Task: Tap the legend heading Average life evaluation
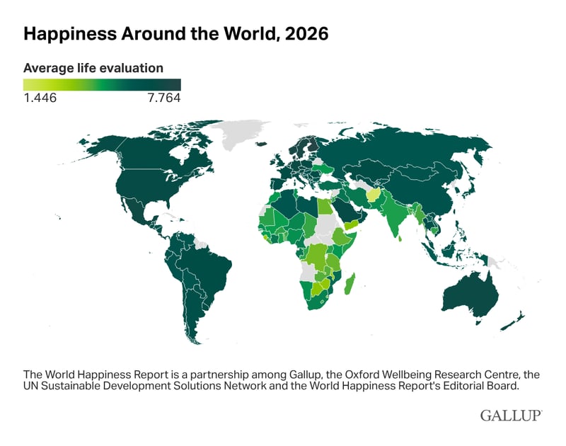pos(93,68)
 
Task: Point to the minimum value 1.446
pos(40,98)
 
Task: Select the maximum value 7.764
pos(164,98)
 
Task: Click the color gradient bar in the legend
pos(102,84)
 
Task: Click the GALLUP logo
pos(511,415)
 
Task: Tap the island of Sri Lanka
pos(400,238)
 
